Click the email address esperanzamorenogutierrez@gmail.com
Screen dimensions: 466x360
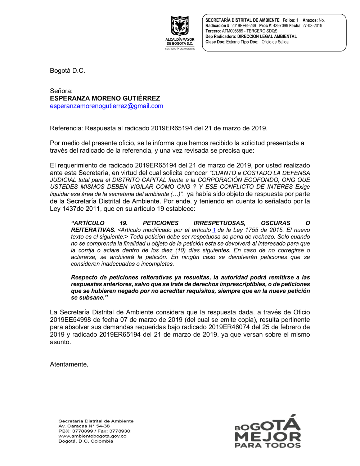[107, 106]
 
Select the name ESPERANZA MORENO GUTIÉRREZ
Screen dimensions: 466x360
[105, 98]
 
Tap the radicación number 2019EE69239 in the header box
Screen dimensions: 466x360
[244, 26]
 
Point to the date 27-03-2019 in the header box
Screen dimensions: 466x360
[312, 26]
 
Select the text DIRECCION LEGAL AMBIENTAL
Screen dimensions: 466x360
[267, 36]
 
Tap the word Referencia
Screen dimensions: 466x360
[66, 128]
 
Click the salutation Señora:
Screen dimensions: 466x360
[61, 91]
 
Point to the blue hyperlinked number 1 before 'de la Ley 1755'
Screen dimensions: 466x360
[214, 230]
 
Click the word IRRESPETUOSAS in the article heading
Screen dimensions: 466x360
[219, 223]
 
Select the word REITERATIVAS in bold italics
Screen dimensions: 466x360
[93, 230]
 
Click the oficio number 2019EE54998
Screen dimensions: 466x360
[70, 320]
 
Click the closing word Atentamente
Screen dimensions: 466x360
[69, 364]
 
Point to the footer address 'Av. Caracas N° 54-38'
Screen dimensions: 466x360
[84, 426]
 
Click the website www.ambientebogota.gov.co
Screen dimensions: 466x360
[92, 436]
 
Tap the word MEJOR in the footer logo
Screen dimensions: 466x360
[267, 437]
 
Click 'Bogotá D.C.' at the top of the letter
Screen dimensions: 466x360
[67, 71]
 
